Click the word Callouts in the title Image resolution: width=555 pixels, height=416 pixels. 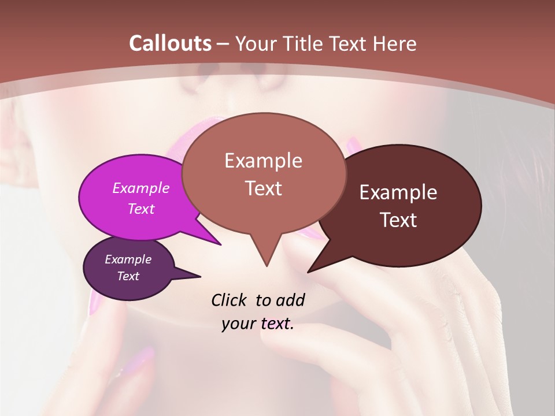(x=170, y=43)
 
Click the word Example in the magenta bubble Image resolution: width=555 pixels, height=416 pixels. (x=141, y=188)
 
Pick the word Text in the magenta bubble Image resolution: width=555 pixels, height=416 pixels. (x=141, y=209)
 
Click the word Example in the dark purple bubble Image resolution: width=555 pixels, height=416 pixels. (x=128, y=259)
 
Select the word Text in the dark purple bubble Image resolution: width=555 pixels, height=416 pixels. (x=128, y=276)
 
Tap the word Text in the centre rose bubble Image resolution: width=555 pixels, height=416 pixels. (x=263, y=188)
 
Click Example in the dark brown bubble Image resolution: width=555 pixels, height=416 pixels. (x=398, y=192)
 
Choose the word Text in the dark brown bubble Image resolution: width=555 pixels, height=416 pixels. (x=398, y=220)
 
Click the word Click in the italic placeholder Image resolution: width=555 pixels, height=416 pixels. (x=230, y=300)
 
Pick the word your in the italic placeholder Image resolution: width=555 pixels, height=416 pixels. (x=239, y=324)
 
